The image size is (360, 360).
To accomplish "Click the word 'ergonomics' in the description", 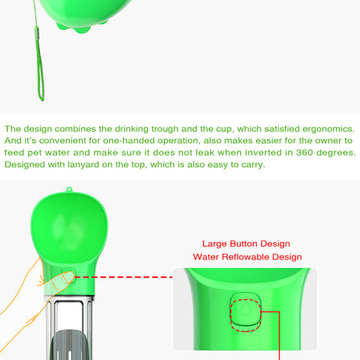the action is (329, 129).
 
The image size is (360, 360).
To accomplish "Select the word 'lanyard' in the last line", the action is (84, 165).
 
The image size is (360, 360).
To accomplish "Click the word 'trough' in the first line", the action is (165, 129).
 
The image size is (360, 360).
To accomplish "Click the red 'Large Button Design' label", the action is (246, 244).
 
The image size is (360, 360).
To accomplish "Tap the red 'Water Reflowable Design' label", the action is (247, 257).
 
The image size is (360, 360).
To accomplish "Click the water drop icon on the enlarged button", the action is (245, 309).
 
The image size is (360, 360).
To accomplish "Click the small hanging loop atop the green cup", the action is (69, 190).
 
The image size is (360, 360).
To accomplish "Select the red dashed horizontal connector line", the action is (124, 277).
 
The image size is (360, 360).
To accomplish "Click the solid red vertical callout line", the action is (279, 336).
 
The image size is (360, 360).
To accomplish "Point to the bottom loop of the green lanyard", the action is (41, 92).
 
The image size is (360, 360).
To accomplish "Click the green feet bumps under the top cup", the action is (81, 27).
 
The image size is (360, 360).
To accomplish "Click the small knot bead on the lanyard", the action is (37, 30).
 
